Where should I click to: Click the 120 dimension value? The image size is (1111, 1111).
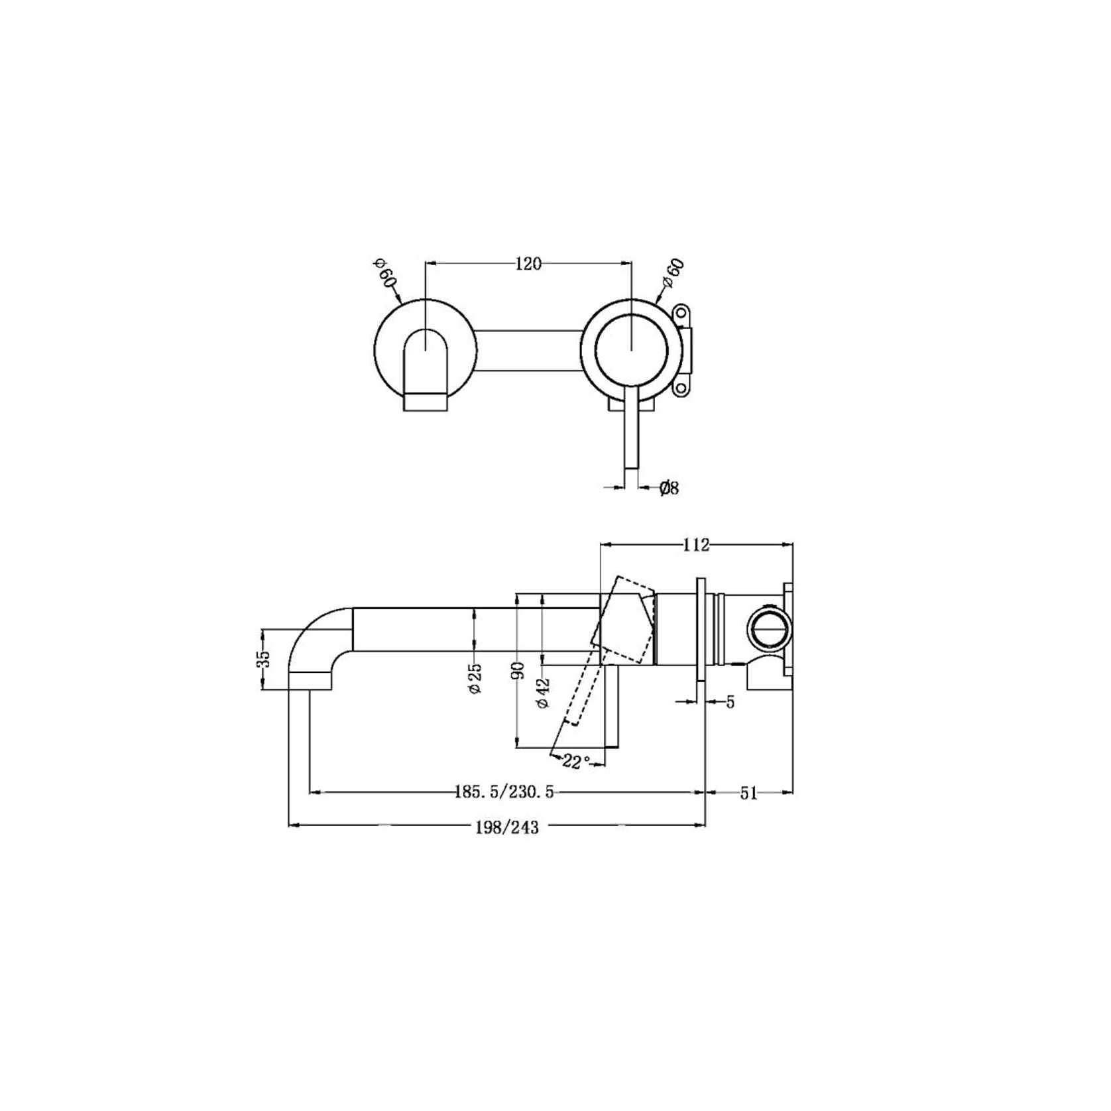pos(528,264)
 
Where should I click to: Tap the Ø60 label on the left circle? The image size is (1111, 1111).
pos(385,273)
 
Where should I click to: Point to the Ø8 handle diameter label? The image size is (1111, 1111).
pos(670,489)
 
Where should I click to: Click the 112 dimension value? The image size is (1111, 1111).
pos(696,545)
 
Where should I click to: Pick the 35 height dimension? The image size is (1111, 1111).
pos(264,658)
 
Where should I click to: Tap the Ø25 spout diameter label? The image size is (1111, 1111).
pos(475,679)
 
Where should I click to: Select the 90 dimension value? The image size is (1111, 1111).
pos(519,670)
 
